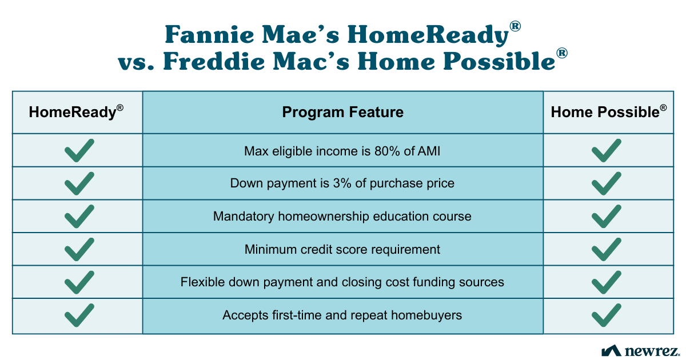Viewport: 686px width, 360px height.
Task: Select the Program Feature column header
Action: [342, 112]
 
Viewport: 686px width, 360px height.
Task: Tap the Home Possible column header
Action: [608, 112]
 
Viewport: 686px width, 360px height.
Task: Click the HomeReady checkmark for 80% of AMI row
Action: [79, 150]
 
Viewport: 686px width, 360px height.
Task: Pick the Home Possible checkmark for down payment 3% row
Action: [607, 183]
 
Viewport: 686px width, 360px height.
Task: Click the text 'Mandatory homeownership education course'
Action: [342, 217]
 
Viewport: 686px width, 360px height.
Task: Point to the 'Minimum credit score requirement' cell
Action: [342, 249]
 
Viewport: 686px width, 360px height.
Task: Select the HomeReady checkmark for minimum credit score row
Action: [79, 249]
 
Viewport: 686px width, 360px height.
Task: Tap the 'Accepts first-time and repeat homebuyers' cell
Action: [342, 315]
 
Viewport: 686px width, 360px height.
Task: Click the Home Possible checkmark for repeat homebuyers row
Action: [607, 315]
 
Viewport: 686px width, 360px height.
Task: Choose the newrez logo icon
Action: [611, 350]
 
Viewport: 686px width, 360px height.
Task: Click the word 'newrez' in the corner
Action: [652, 350]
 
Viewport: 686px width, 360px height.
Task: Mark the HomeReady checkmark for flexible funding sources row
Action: [79, 282]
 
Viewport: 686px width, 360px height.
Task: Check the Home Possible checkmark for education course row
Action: [607, 217]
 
